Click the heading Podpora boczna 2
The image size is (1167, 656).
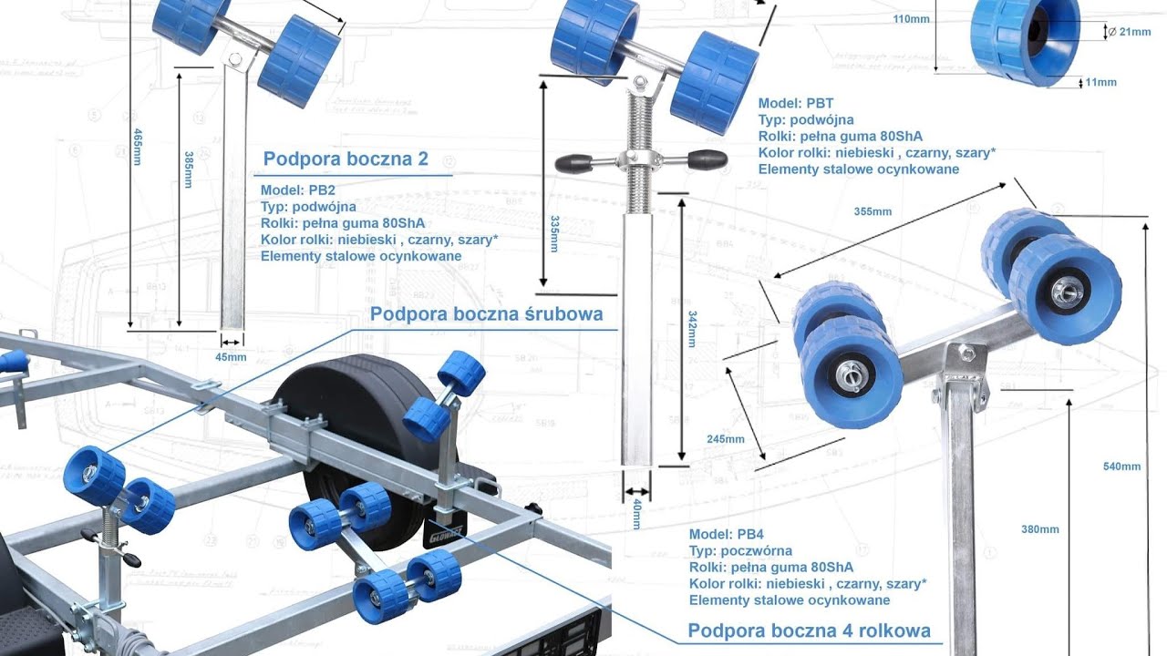[346, 159]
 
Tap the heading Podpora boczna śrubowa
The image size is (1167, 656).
[487, 314]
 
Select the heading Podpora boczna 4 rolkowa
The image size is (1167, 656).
[809, 630]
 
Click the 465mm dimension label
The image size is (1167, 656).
[138, 147]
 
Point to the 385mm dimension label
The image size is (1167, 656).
[189, 169]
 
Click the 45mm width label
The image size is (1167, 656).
[231, 357]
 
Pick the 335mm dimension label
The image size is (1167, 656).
[554, 234]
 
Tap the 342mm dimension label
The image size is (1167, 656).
[692, 329]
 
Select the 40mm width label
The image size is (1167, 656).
[636, 513]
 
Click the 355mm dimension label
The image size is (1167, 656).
[873, 211]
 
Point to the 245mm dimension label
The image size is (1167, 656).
[726, 439]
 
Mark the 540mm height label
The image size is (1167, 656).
[1121, 466]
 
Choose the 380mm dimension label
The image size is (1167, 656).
[1040, 529]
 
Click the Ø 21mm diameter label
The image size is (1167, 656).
[1129, 32]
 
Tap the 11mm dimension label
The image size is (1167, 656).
[1100, 82]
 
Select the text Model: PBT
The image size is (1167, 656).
[796, 103]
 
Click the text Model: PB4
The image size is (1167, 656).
[727, 534]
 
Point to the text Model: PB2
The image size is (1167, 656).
[298, 190]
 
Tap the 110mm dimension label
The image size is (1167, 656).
[911, 19]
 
